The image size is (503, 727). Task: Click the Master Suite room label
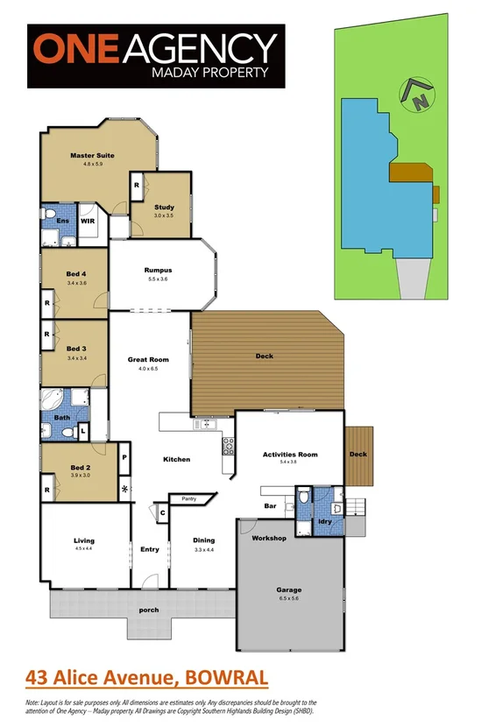click(x=92, y=155)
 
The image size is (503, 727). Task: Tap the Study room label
click(x=164, y=208)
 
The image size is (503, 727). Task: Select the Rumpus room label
click(x=158, y=270)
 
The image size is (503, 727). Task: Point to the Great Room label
click(x=148, y=360)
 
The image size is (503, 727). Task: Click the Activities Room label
click(x=289, y=455)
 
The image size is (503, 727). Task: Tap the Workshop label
click(x=269, y=538)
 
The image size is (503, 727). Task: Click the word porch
click(x=149, y=610)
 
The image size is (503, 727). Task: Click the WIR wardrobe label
click(x=88, y=222)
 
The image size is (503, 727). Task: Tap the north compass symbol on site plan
click(x=415, y=95)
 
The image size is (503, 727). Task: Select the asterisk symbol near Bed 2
click(x=124, y=488)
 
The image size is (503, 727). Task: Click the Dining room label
click(x=203, y=540)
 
